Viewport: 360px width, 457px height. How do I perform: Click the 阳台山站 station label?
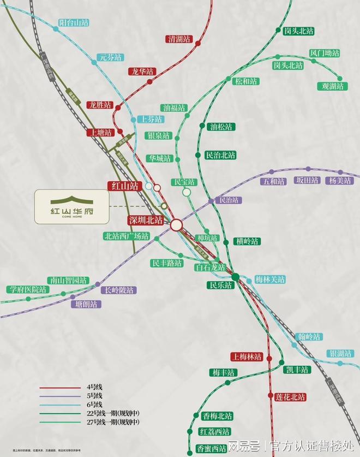pos(74,23)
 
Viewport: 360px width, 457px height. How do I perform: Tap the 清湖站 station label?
pos(179,39)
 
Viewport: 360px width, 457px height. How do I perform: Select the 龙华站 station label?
pos(142,72)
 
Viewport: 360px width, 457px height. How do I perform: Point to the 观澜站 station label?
pos(332,86)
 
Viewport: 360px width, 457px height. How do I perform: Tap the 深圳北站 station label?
pos(146,221)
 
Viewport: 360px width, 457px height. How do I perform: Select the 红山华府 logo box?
pos(71,206)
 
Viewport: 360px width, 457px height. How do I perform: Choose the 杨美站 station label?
pos(339,181)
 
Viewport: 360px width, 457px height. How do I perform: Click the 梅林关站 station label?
pos(270,280)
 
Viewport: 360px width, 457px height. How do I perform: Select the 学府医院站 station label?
pos(27,289)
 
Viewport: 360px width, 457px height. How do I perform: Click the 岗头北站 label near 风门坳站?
pos(288,65)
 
